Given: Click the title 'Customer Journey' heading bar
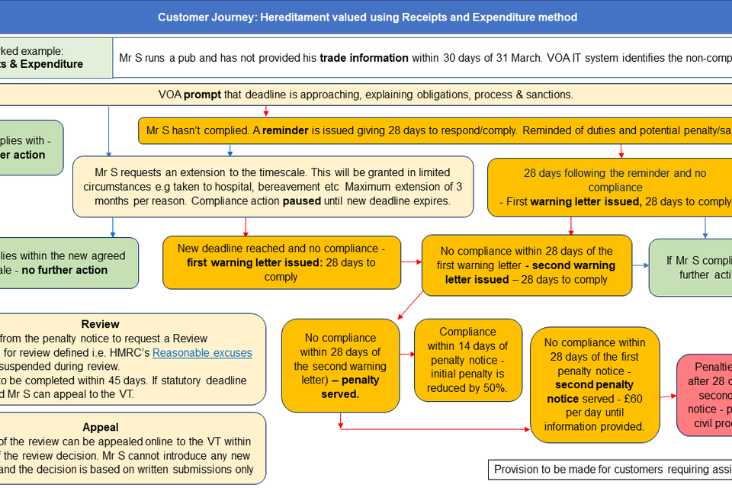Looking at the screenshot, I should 367,17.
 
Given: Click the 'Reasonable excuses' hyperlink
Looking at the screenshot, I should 202,352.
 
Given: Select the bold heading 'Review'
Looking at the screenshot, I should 100,324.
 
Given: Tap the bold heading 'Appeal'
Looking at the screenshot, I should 101,428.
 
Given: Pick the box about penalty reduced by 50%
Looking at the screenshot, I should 468,360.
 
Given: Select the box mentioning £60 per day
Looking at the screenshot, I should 595,385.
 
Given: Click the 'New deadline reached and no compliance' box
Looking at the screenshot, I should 281,262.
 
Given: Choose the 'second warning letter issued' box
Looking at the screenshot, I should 526,265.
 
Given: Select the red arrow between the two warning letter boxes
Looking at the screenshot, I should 411,262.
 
